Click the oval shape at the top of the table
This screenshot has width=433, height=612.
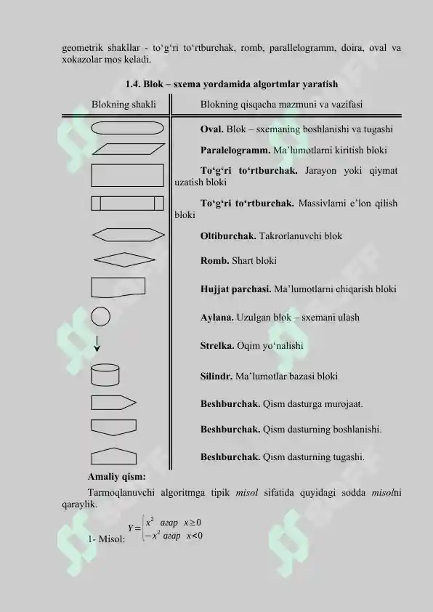128,129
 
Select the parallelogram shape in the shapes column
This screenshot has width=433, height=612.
128,149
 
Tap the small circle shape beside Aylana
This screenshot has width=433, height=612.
102,318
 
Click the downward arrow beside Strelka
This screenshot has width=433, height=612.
97,344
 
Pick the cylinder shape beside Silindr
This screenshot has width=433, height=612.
105,376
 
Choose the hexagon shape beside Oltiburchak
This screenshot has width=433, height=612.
128,235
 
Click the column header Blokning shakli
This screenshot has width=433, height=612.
124,105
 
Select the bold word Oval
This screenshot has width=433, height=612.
211,129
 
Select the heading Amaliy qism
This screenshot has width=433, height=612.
116,477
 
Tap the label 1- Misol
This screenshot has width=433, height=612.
106,538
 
